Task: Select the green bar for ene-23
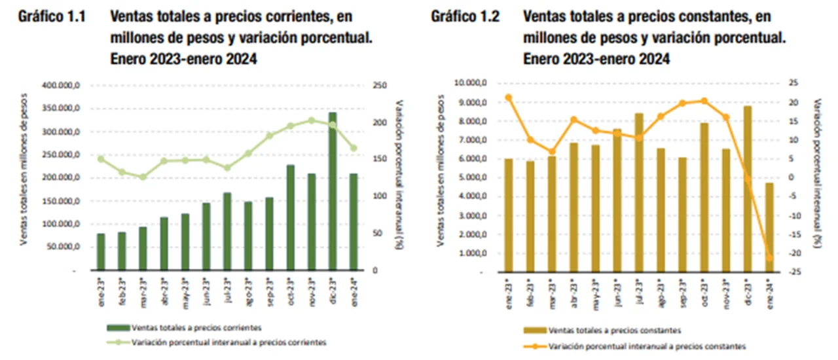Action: pos(101,252)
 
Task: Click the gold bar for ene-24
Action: pos(769,228)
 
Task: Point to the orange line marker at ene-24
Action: pos(769,259)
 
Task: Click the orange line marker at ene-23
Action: pos(509,98)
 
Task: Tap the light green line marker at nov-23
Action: pos(312,120)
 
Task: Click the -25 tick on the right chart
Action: pos(793,272)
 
